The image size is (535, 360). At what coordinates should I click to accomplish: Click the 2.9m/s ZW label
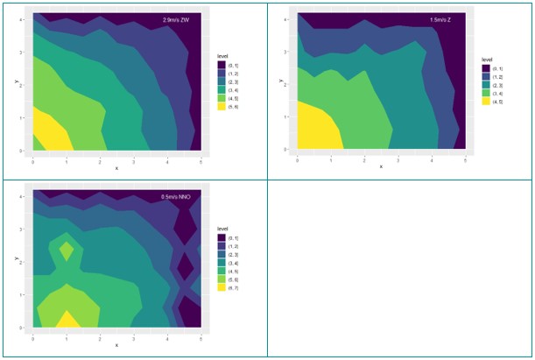pos(176,19)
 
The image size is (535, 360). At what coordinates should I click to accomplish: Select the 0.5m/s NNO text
pos(177,197)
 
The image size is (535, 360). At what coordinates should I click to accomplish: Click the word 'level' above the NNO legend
pos(224,229)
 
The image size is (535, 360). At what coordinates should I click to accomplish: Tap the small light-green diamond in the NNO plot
pos(67,252)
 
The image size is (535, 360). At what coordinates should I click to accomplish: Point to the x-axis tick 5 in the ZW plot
pos(201,162)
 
